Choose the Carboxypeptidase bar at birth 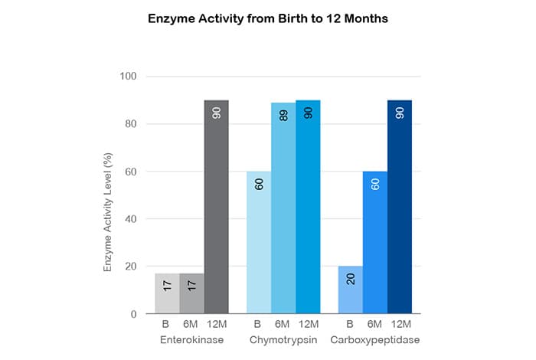click(350, 290)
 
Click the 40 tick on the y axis click(129, 219)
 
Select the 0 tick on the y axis click(132, 314)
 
